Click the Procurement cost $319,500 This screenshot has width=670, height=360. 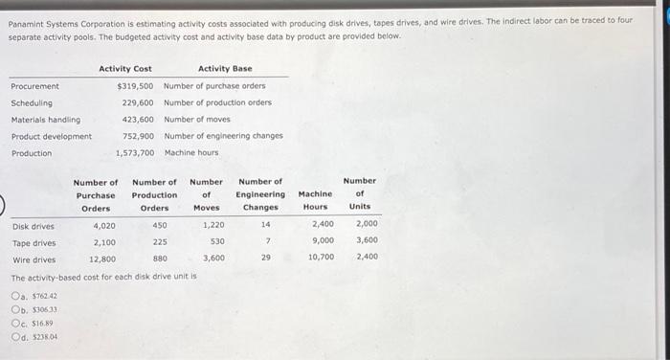[x=135, y=86]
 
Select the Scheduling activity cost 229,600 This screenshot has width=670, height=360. [x=138, y=102]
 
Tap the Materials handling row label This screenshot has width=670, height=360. [x=45, y=120]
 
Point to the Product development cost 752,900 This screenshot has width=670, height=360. [x=138, y=136]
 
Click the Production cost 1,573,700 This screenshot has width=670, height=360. [x=135, y=153]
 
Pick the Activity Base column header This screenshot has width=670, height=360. [x=225, y=69]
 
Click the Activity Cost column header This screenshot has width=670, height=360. [x=124, y=69]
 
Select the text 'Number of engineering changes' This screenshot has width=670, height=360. [x=223, y=136]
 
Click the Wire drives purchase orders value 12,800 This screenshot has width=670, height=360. [x=101, y=259]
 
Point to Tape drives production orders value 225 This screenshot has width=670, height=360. [x=160, y=242]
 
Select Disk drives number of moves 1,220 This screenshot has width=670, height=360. [x=213, y=226]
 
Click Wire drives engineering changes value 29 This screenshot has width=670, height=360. [x=266, y=259]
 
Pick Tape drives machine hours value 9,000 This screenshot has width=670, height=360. [x=323, y=242]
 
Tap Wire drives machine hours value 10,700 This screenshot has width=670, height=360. [x=321, y=259]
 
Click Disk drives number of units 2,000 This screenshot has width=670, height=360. [x=367, y=226]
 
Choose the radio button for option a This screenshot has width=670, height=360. [x=16, y=296]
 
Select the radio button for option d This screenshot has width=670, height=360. [x=16, y=336]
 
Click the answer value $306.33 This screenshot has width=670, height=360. [x=44, y=309]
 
